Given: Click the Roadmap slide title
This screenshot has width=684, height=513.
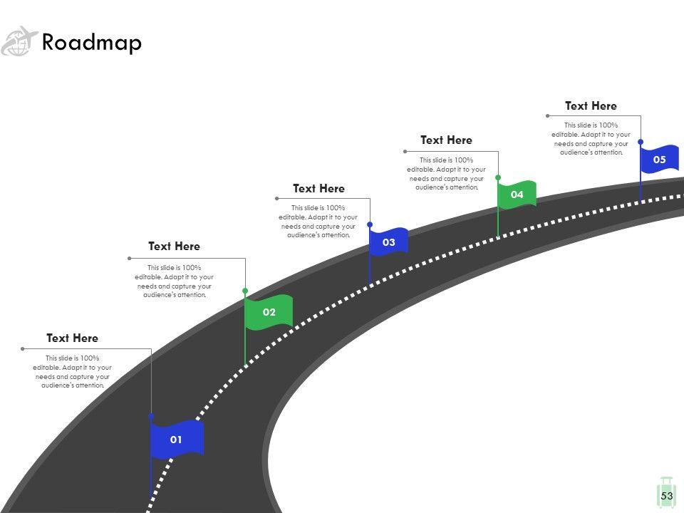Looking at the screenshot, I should (x=92, y=43).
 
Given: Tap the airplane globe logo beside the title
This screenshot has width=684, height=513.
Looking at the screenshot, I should (x=19, y=41).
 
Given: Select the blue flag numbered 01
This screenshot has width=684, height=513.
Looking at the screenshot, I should (x=177, y=439).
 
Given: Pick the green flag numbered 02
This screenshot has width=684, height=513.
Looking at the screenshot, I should (x=269, y=312).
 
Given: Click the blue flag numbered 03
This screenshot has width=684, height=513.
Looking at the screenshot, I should (x=388, y=242).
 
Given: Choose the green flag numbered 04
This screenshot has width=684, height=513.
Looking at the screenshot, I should (x=517, y=195).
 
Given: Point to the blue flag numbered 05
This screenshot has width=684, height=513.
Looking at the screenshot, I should (x=659, y=160).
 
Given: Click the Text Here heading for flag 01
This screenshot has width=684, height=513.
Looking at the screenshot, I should (x=72, y=338).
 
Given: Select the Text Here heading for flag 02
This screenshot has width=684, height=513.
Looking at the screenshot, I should (x=174, y=246).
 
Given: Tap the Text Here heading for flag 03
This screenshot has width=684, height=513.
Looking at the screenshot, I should (x=318, y=188).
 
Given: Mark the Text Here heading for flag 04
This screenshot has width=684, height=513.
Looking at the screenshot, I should (x=446, y=140).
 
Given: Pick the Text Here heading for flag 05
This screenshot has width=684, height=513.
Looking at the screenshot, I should (x=591, y=105).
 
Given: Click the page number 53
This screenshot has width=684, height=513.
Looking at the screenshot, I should (x=667, y=496).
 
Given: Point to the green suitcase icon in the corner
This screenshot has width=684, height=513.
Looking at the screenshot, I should (x=667, y=484).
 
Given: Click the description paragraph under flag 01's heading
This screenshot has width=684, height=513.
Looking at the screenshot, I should (x=71, y=371).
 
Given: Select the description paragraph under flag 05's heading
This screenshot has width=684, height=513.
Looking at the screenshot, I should (x=591, y=139).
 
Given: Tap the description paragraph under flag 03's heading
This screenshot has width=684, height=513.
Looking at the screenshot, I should (x=318, y=222).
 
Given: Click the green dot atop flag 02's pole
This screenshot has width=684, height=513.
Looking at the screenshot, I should (x=245, y=291).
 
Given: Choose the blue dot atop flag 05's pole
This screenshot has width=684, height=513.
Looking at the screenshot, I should (x=641, y=142).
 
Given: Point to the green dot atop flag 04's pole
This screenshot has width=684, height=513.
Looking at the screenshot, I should (x=498, y=177).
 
